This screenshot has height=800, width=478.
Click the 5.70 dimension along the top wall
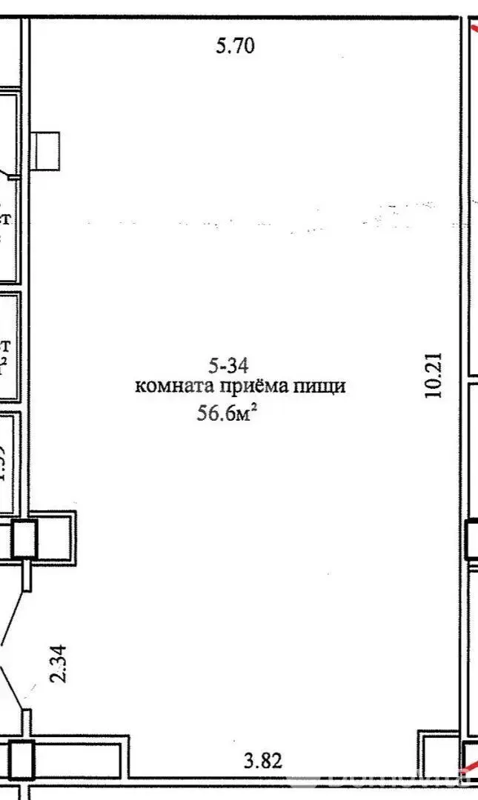[x=236, y=47]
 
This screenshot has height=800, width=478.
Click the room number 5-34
[x=228, y=364]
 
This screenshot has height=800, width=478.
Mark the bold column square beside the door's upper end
[x=24, y=539]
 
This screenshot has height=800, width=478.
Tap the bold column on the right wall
[x=471, y=539]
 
